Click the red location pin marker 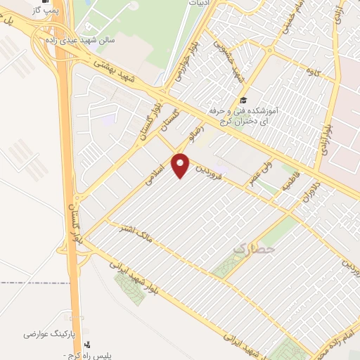(x=182, y=166)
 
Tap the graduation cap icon (x=243, y=100)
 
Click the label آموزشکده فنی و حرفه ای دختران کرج (x=243, y=117)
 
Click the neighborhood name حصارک (x=255, y=248)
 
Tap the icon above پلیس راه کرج (x=87, y=345)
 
